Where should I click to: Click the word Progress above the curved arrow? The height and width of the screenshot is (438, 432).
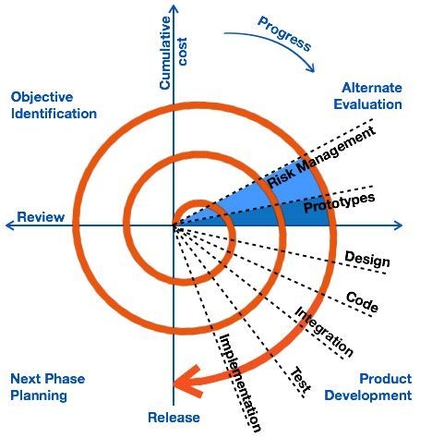click(284, 34)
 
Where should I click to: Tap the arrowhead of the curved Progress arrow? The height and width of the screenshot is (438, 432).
click(310, 67)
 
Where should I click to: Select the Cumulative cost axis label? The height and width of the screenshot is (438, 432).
click(174, 53)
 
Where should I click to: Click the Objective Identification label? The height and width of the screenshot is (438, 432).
click(54, 105)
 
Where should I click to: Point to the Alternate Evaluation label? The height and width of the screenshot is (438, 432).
click(368, 96)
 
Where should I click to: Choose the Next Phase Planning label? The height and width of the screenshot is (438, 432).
click(48, 387)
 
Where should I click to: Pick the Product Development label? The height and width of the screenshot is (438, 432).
click(368, 387)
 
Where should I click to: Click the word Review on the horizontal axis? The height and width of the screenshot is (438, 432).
click(41, 217)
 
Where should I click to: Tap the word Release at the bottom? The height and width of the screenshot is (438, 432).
click(174, 418)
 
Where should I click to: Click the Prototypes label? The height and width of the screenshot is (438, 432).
click(340, 203)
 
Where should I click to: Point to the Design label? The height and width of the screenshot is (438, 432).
click(367, 259)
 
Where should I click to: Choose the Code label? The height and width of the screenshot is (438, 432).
click(362, 302)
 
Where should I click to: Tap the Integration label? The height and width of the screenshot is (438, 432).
click(324, 332)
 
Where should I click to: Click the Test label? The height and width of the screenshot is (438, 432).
click(301, 380)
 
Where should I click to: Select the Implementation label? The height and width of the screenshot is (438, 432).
click(240, 383)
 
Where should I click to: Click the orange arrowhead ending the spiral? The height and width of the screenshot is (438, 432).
click(188, 382)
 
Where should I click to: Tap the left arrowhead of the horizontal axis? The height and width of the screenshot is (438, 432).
click(10, 225)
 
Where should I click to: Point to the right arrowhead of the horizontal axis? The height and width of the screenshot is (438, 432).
click(398, 225)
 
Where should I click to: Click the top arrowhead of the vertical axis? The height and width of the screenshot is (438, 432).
click(174, 8)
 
